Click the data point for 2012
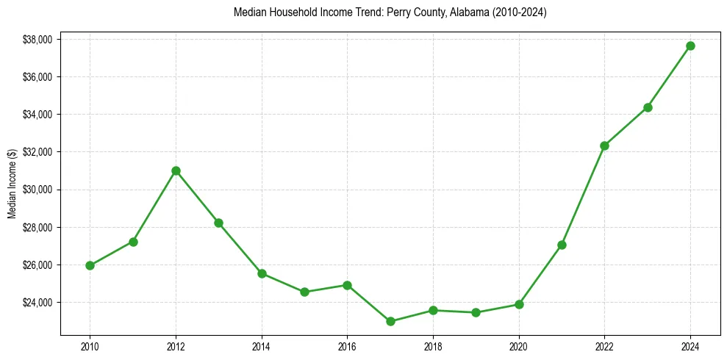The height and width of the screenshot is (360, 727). click(176, 170)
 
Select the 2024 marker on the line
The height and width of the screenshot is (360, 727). click(691, 46)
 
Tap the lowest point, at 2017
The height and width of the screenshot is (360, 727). click(390, 321)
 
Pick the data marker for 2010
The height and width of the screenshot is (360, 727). click(90, 265)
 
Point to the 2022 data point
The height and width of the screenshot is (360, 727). click(605, 145)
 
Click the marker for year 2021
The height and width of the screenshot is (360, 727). click(562, 245)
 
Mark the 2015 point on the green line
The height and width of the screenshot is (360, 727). click(304, 292)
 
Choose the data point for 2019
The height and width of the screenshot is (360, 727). click(476, 312)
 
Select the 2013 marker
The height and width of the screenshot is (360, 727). click(218, 223)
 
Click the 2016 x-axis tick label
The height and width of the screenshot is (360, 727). click(348, 345)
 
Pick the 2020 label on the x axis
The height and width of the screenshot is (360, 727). click(519, 345)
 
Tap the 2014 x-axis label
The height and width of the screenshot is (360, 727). click(262, 345)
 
